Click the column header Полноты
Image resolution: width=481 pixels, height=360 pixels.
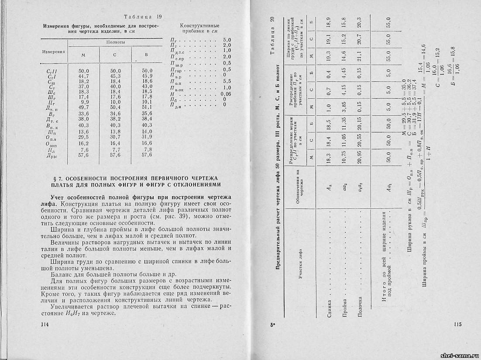[116, 42]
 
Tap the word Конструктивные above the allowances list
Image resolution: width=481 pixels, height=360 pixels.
[199, 26]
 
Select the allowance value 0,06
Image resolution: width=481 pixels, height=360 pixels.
[225, 94]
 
